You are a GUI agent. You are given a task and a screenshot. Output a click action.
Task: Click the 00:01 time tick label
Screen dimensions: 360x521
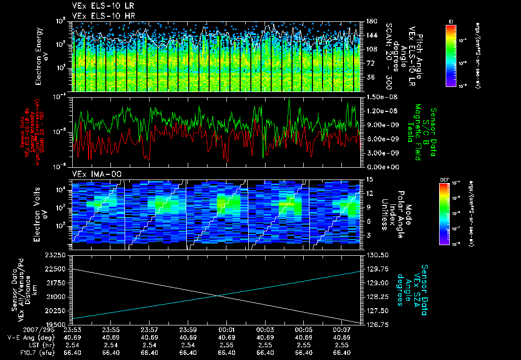[226, 329]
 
